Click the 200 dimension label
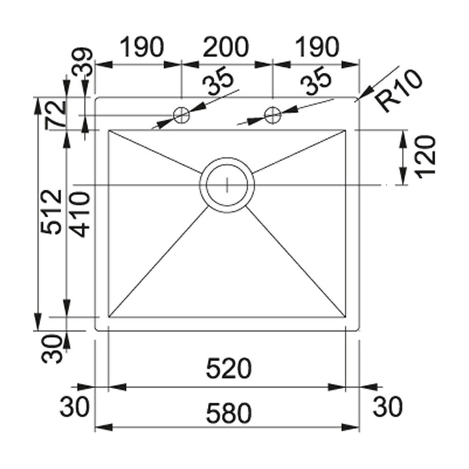click(x=225, y=47)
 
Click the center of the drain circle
click(x=227, y=185)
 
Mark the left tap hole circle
click(x=182, y=114)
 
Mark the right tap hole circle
click(x=272, y=114)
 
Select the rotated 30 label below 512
click(x=53, y=349)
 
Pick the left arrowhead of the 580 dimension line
click(x=97, y=428)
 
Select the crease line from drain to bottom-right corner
click(x=295, y=263)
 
